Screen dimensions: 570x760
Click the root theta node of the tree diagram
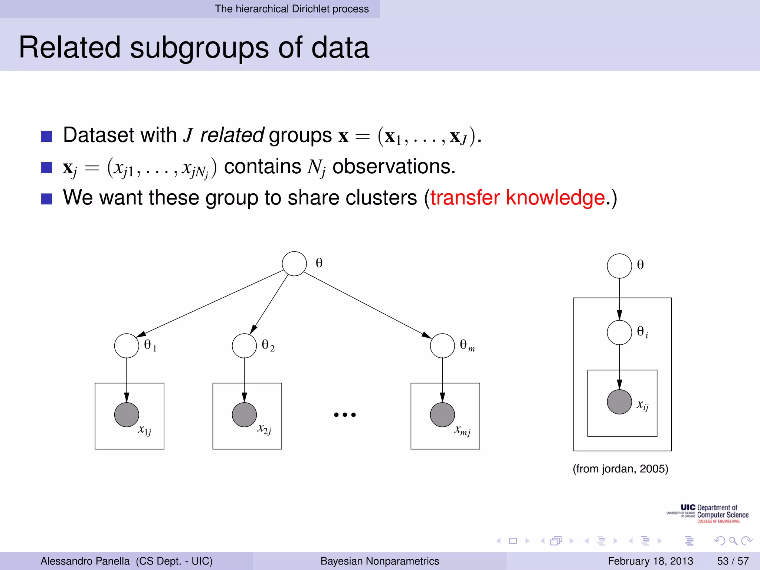click(x=294, y=264)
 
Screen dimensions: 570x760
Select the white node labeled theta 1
click(x=127, y=345)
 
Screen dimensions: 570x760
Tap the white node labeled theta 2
click(x=244, y=345)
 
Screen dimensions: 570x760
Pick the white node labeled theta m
click(x=442, y=345)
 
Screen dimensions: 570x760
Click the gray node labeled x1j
click(x=127, y=415)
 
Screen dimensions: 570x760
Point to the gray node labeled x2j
click(x=244, y=415)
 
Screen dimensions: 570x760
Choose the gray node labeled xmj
click(x=442, y=415)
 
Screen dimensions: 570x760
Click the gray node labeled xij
click(x=619, y=402)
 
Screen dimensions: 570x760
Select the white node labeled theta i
click(x=619, y=332)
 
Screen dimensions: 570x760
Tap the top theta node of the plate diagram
click(x=619, y=266)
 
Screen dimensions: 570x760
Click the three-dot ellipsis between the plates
click(x=345, y=415)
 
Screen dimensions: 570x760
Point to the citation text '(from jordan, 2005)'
click(x=620, y=469)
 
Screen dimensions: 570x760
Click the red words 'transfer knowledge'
click(x=518, y=197)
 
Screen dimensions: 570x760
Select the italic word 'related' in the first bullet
click(x=232, y=135)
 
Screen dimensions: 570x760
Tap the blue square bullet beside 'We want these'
click(x=47, y=199)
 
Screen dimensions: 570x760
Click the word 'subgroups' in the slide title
click(x=199, y=48)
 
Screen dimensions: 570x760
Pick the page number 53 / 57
click(x=733, y=561)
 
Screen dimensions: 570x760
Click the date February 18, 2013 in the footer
click(x=651, y=561)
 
